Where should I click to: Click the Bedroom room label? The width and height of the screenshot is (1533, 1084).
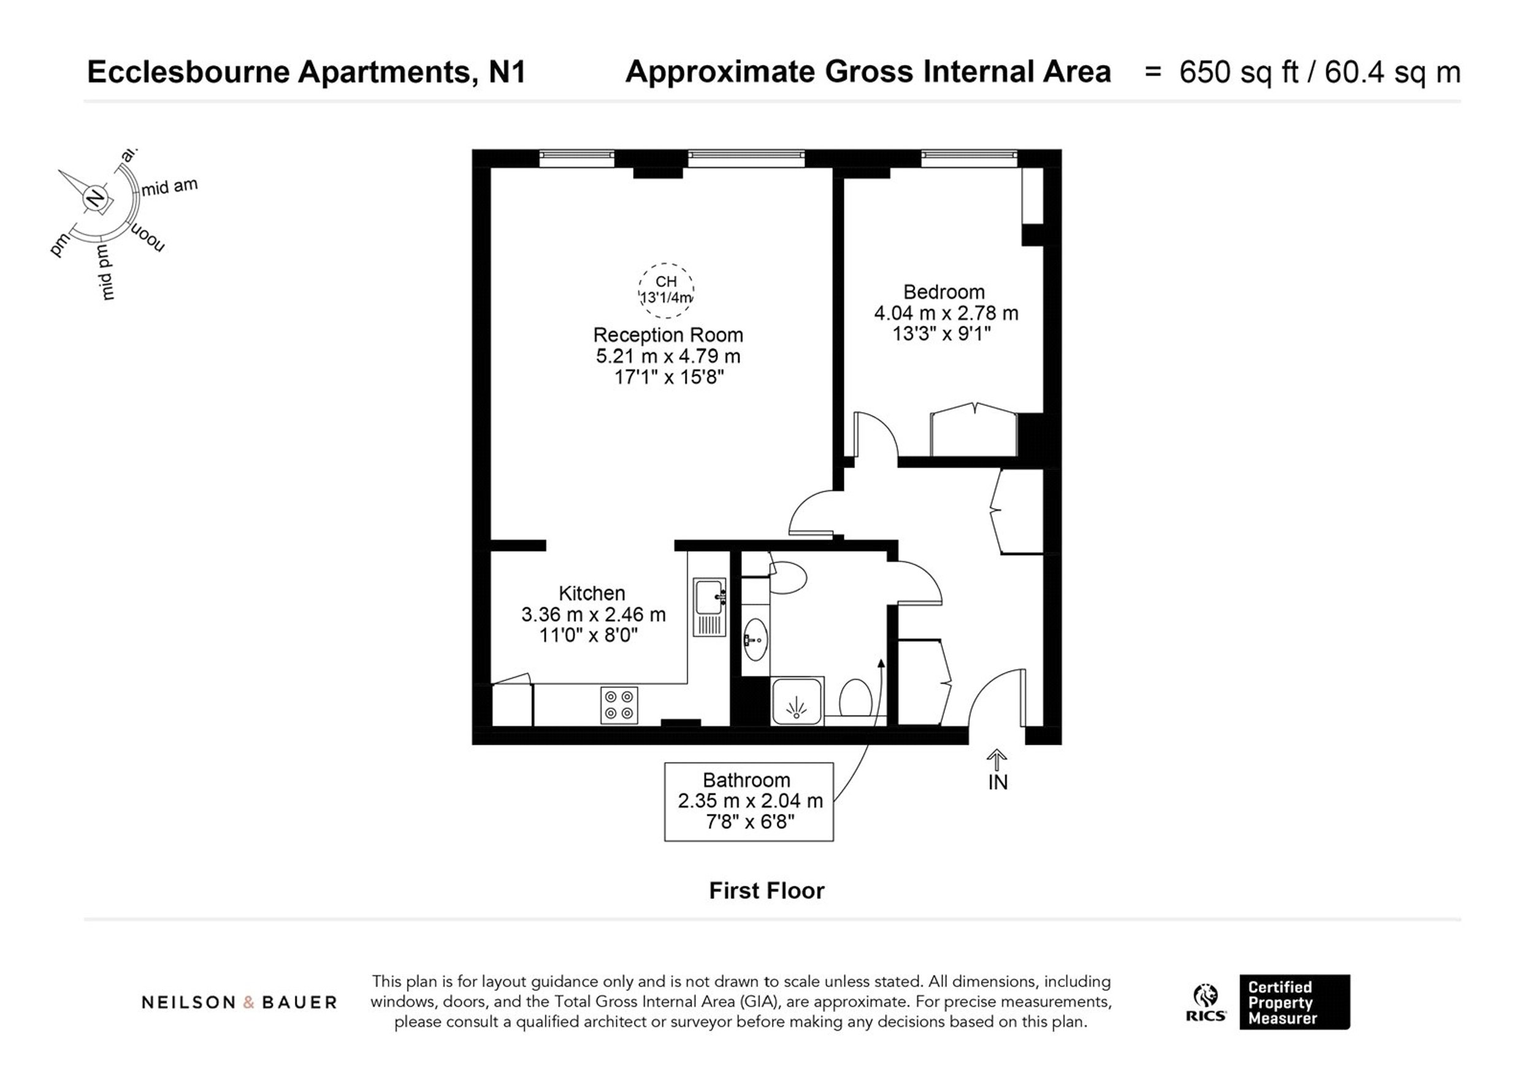tap(944, 292)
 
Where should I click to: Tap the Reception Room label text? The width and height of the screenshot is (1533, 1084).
tap(668, 334)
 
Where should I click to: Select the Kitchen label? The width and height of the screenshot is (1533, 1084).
tap(592, 593)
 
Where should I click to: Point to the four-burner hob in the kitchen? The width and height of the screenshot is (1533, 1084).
tap(619, 705)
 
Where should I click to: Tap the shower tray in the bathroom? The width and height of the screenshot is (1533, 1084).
tap(797, 701)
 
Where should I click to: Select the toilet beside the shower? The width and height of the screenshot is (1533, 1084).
tap(855, 698)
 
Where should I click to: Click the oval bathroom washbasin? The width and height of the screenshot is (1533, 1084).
tap(755, 639)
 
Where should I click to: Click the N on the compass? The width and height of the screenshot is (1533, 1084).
tap(96, 198)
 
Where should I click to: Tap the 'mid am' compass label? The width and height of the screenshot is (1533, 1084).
tap(170, 186)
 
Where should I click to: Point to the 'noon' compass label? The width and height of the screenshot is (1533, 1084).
tap(148, 238)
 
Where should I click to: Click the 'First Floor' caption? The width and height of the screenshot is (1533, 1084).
tap(766, 890)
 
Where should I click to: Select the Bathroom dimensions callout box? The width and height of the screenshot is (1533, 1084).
tap(749, 801)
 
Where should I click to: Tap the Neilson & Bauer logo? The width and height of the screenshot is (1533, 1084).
tap(239, 1002)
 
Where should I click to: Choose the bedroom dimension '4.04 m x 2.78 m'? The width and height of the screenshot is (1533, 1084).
tap(946, 313)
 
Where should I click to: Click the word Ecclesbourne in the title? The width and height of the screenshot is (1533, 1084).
tap(189, 72)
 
